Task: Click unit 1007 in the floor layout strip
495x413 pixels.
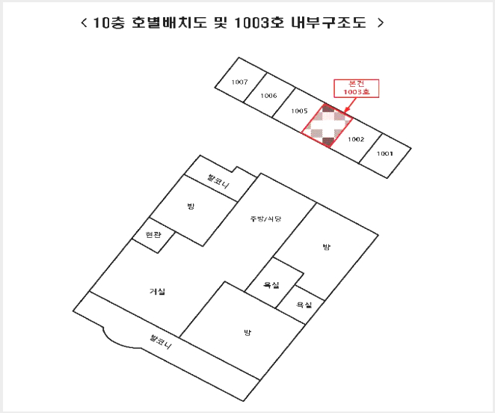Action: coord(239,82)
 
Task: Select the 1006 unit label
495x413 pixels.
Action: coord(268,96)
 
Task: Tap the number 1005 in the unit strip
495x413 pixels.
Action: coord(299,111)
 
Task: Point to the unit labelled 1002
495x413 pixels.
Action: coord(356,139)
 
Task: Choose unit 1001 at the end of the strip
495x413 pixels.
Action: coord(385,153)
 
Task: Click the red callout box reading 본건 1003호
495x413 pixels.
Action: coord(357,88)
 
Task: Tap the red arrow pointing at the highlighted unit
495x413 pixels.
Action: coord(349,105)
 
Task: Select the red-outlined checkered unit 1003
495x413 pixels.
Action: coord(327,126)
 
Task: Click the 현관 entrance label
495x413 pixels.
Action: coord(153,234)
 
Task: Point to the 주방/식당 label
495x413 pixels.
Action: coord(265,218)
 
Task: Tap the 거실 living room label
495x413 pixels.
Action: coord(157,291)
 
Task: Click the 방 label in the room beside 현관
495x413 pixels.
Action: coord(191,206)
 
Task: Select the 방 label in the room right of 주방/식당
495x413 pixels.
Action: coord(327,246)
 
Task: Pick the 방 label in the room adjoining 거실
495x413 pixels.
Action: coord(248,332)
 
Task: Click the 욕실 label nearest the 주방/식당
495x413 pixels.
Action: coord(271,285)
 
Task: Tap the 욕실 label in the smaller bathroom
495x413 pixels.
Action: coord(304,305)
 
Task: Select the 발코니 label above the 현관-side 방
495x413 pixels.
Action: coord(218,181)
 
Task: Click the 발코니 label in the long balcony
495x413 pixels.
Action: coord(161,342)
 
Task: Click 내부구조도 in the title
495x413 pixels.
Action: coord(329,22)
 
